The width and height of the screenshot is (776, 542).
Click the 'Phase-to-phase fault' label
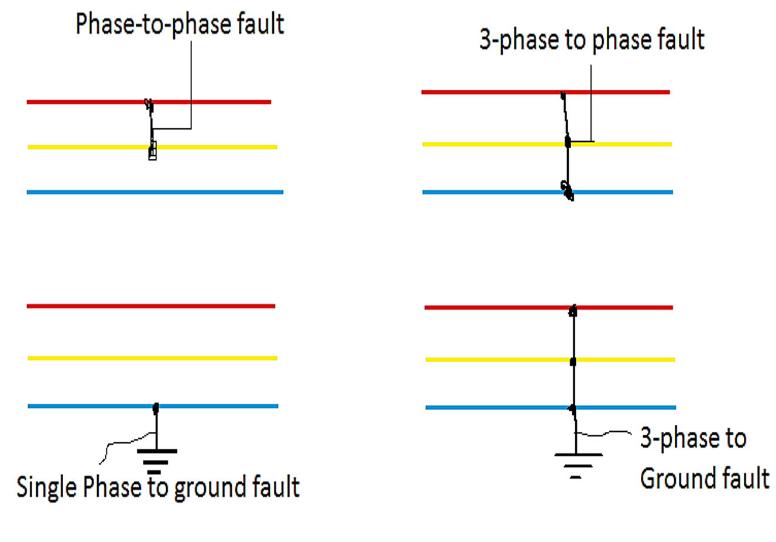coord(180,25)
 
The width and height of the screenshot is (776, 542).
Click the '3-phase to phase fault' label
coord(591,40)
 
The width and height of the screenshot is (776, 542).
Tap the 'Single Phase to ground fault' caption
coord(158,487)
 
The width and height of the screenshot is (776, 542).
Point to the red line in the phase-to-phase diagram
coord(88,102)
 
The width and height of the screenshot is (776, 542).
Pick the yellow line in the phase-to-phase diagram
coord(88,147)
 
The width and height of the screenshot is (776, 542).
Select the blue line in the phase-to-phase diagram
coord(88,192)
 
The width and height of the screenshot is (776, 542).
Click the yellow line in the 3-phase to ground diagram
coord(497,359)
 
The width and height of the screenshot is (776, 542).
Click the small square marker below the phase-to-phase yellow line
coord(152,154)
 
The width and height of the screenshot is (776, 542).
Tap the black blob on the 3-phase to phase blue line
coord(567,190)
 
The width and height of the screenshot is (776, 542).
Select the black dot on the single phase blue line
coord(156,407)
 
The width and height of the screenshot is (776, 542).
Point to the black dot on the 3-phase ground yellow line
coord(573,362)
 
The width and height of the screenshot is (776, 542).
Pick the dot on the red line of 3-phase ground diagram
coord(573,311)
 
